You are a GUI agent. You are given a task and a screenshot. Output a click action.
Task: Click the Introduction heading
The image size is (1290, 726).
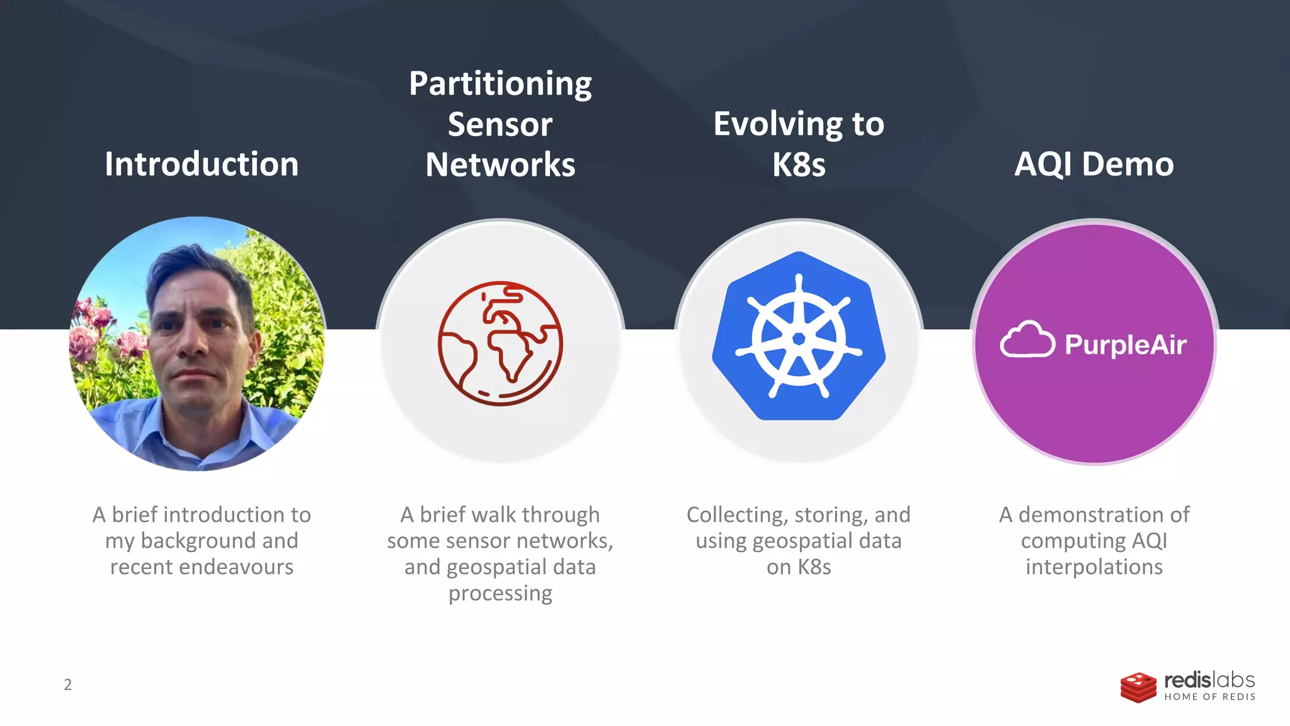202,164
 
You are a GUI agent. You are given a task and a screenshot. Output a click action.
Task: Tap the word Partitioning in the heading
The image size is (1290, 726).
500,84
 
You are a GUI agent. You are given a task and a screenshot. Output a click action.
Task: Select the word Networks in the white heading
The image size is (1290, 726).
500,164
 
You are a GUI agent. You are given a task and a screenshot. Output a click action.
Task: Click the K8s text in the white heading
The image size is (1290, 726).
799,164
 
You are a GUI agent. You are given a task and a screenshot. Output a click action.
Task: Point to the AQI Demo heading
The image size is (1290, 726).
1094,164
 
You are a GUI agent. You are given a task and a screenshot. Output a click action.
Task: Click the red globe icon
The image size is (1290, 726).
500,343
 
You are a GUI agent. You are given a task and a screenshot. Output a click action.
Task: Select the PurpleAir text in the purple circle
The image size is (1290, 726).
1126,345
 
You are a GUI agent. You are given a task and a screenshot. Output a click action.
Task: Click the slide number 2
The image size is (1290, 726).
68,684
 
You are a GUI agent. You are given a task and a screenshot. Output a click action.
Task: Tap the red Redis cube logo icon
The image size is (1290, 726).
1138,688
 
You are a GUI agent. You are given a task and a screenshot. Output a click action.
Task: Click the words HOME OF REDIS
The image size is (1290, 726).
1209,697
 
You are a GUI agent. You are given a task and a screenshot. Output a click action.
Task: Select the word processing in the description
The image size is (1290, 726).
500,594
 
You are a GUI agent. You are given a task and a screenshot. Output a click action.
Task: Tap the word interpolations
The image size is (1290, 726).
1094,567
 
